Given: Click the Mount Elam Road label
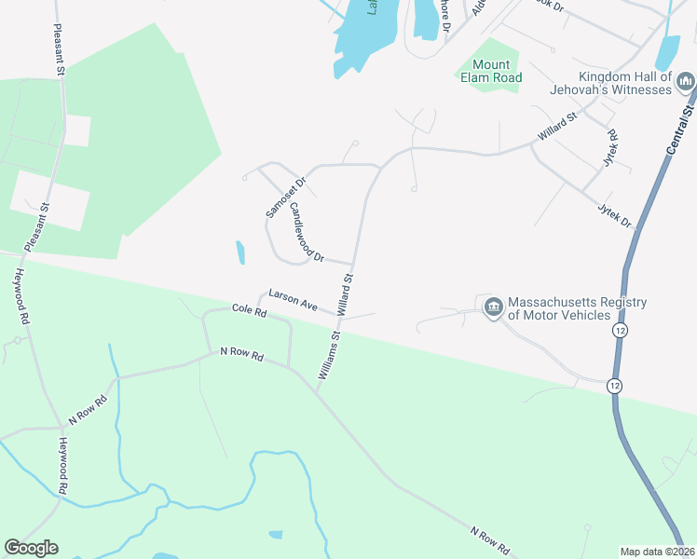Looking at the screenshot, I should click(x=490, y=72).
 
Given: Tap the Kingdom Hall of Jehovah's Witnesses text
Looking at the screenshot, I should click(x=624, y=83).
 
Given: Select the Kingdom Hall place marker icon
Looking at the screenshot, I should click(x=686, y=84).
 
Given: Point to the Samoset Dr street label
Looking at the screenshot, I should click(x=285, y=198).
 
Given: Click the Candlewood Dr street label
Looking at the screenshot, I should click(x=307, y=232).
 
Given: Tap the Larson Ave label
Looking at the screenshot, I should click(x=294, y=299).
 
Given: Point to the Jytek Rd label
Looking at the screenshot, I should click(x=611, y=148).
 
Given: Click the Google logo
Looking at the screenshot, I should click(x=31, y=547).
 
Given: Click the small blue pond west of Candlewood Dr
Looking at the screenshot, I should click(x=240, y=252).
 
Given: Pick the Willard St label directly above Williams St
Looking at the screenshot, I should click(x=349, y=291).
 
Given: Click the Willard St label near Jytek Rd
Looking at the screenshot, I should click(x=557, y=129).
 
